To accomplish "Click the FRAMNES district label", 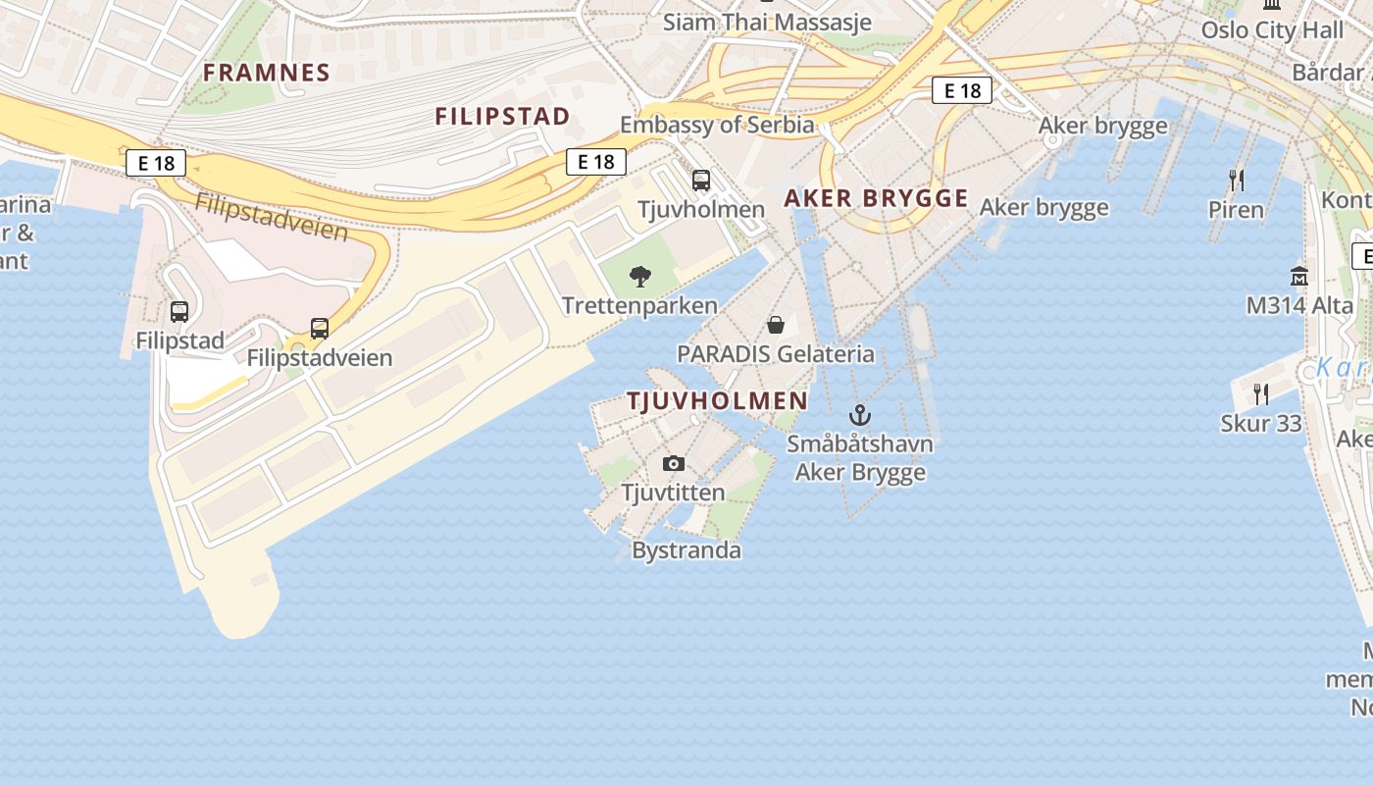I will (x=267, y=72).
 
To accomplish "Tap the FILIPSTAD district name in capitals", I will (x=502, y=116).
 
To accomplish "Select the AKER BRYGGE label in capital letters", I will (x=876, y=198).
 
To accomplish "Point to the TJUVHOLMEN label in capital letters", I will (x=717, y=400).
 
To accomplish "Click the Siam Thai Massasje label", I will (x=767, y=22).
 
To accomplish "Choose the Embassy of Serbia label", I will (x=717, y=125).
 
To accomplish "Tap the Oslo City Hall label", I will (x=1272, y=29).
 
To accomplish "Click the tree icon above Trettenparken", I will (x=640, y=277).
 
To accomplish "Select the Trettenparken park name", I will (x=639, y=306).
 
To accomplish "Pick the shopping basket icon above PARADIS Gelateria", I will (x=776, y=324).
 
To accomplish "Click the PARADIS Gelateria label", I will (x=775, y=353).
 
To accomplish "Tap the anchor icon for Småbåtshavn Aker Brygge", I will (x=860, y=415).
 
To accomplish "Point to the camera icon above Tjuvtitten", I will (x=674, y=463).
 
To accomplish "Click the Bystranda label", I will (x=686, y=550).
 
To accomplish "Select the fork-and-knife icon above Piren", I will (x=1237, y=180).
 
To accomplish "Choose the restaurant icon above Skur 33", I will (x=1261, y=394).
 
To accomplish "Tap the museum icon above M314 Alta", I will (x=1299, y=276).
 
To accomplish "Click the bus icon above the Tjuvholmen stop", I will (x=701, y=181).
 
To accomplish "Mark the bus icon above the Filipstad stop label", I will (x=179, y=312).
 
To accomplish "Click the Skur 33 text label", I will (x=1261, y=424).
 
